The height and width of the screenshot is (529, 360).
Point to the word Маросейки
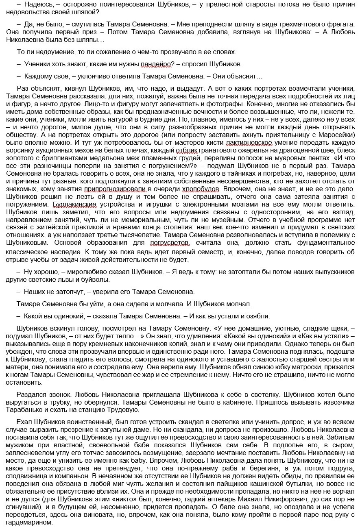pyautogui.click(x=336, y=135)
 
